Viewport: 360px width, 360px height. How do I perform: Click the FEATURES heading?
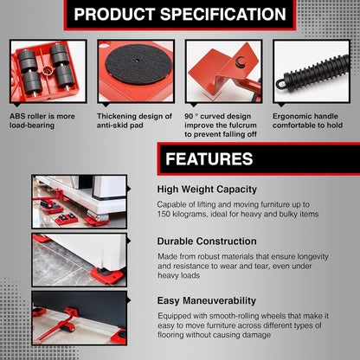tap(209, 159)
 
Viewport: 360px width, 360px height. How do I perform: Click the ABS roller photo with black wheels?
tap(48, 70)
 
